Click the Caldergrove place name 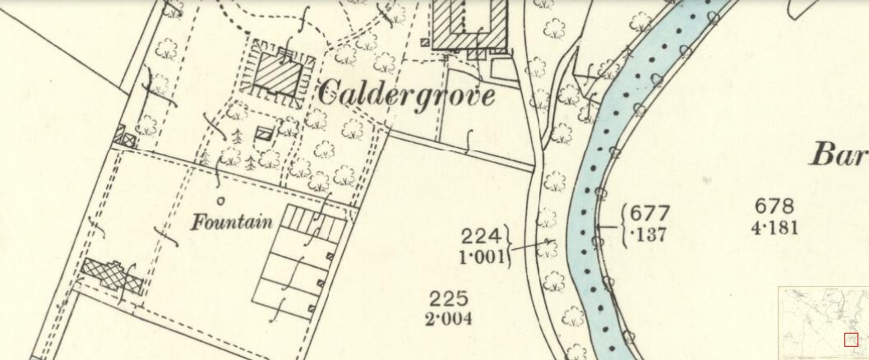(405, 95)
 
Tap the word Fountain (233, 221)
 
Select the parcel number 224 (479, 236)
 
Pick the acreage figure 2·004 (449, 318)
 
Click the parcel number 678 (774, 206)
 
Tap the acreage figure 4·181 (774, 227)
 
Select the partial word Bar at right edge (839, 155)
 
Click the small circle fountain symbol (220, 201)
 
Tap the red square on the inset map (851, 339)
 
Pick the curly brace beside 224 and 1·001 (510, 246)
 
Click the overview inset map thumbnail (822, 323)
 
